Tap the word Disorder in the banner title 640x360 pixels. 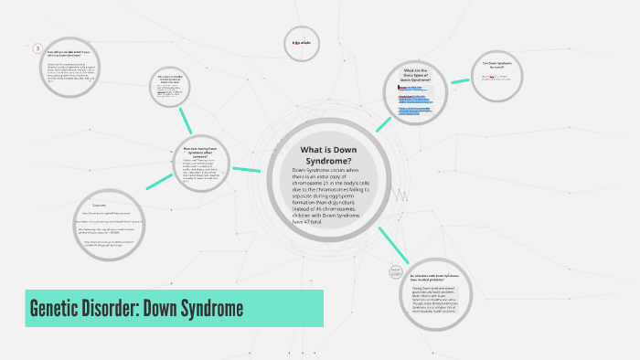click(120, 309)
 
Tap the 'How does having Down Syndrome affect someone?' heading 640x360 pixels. click(200, 150)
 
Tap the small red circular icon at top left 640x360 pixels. click(37, 48)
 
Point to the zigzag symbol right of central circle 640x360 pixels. click(400, 193)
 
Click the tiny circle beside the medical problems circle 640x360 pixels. click(396, 270)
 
